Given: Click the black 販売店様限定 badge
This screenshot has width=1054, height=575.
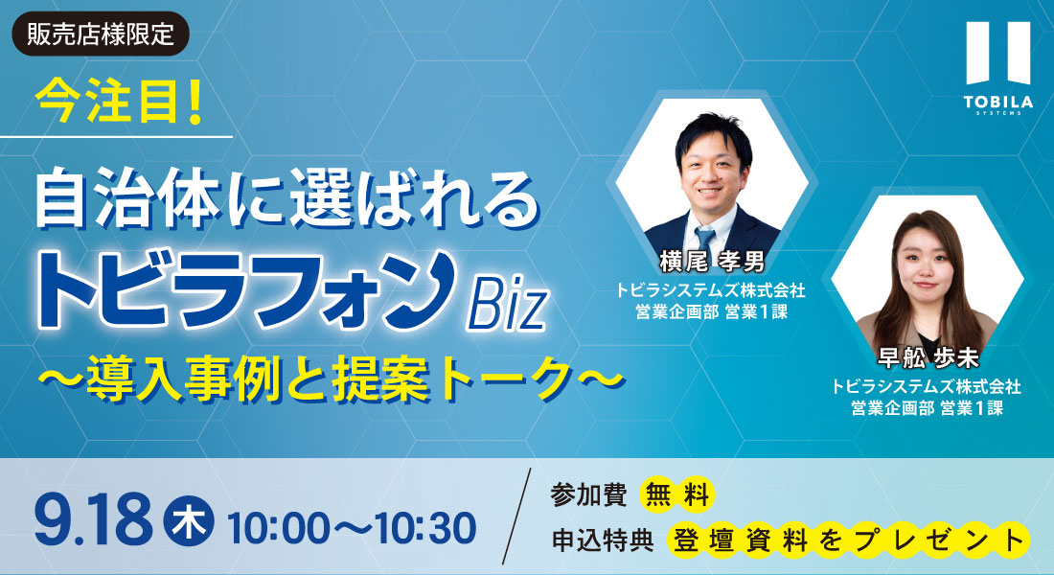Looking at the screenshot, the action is point(101,34).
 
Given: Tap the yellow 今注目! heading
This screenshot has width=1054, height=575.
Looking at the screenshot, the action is point(119,103).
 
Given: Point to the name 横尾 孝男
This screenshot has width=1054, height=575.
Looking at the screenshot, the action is point(712,261).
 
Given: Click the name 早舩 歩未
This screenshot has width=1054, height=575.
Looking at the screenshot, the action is point(927,357).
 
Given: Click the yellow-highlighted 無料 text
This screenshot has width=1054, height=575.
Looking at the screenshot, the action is point(676,495).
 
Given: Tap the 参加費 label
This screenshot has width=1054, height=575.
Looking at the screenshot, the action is point(588,494).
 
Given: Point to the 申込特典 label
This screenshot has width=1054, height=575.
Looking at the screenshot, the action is point(602,540).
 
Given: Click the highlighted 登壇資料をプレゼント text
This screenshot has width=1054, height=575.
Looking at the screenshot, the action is point(848,540).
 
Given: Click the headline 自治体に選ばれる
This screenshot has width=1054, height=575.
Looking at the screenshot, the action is point(287,200).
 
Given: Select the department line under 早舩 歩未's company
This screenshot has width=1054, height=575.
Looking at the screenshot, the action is point(927,407).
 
